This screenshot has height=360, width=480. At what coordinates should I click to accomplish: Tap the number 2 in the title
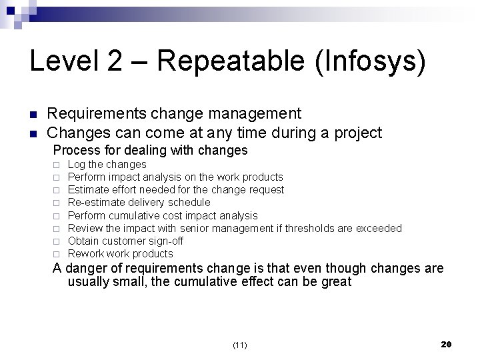[x=115, y=62]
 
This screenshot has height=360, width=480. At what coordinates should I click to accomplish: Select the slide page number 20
[x=447, y=344]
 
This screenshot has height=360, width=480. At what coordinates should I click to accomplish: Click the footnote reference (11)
[x=240, y=345]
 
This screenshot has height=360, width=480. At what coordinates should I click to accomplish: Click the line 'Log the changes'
[x=107, y=164]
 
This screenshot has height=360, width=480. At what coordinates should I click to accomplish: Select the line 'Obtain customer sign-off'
[x=126, y=241]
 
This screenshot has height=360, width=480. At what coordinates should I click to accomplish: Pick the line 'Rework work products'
[x=120, y=253]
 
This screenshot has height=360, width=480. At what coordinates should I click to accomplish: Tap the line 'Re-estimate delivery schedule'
[x=139, y=202]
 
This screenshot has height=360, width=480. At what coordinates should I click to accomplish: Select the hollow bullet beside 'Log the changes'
[x=57, y=165]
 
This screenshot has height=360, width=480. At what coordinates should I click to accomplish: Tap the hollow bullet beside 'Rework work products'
[x=57, y=254]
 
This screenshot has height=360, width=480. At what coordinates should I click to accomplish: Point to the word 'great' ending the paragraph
[x=335, y=281]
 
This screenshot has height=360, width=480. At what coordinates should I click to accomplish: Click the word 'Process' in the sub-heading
[x=75, y=150]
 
